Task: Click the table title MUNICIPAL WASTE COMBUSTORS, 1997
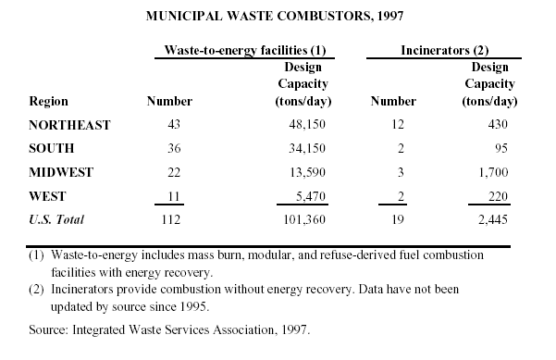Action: coord(275,16)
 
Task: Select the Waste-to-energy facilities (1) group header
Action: coord(245,50)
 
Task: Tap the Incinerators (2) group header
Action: coord(445,50)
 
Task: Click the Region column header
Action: coord(49,102)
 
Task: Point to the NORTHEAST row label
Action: coord(70,125)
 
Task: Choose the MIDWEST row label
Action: coord(61,172)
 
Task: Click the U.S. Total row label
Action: coord(56,219)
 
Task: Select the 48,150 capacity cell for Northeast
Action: coord(307,124)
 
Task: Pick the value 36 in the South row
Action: coord(174,148)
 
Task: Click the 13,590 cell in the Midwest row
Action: coord(307,172)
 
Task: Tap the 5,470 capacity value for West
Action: coord(311,196)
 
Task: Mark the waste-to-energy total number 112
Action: coord(171,219)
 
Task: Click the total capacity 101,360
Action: coord(304,219)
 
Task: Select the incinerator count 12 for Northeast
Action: coord(398,124)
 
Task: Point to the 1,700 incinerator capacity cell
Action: coord(493,172)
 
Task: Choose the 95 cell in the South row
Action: coord(501,148)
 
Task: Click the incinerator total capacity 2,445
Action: coord(493,219)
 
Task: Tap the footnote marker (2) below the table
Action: coord(36,290)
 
